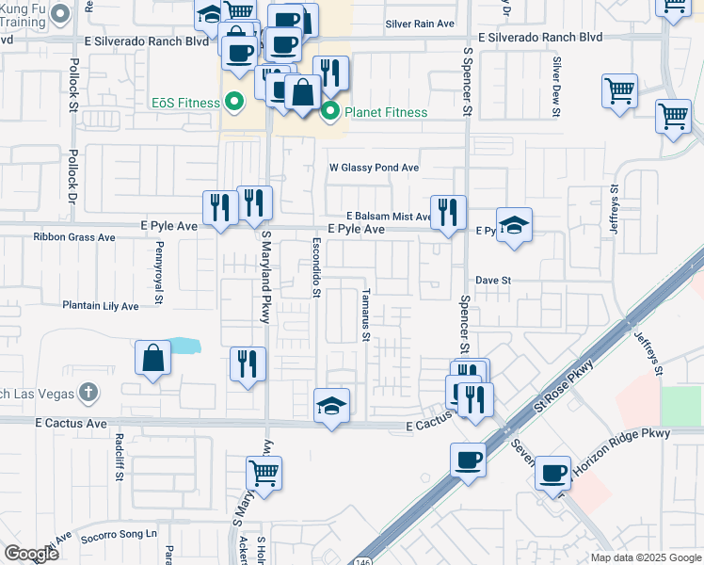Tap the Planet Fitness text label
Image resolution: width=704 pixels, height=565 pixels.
tap(386, 113)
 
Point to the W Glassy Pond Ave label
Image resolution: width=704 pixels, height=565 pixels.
tap(374, 168)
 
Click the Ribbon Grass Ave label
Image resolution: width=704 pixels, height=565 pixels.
tap(74, 237)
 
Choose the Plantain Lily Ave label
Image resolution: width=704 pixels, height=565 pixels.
tap(101, 306)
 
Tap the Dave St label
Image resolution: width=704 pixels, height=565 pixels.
tap(492, 281)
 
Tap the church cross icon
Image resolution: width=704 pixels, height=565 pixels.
tap(88, 391)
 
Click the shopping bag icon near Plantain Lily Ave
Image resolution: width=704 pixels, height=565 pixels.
tap(152, 359)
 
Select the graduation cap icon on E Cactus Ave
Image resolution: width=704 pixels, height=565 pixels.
tap(331, 405)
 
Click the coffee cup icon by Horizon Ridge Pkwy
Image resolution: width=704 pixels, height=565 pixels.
tap(552, 471)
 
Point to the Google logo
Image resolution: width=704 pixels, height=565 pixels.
tap(31, 553)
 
